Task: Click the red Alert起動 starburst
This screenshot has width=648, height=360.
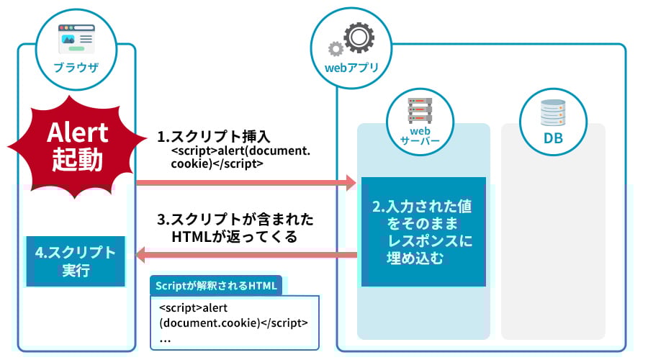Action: pos(77,145)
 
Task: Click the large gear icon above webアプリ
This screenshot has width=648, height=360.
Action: pos(357,37)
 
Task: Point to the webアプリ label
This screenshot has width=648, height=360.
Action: pos(348,68)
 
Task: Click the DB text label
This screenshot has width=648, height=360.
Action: pos(553,138)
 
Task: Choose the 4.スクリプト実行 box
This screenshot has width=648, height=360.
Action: pos(76,261)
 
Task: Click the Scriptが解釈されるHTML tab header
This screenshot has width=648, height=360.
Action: pos(216,285)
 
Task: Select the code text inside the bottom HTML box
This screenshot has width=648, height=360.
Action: pos(233,315)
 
